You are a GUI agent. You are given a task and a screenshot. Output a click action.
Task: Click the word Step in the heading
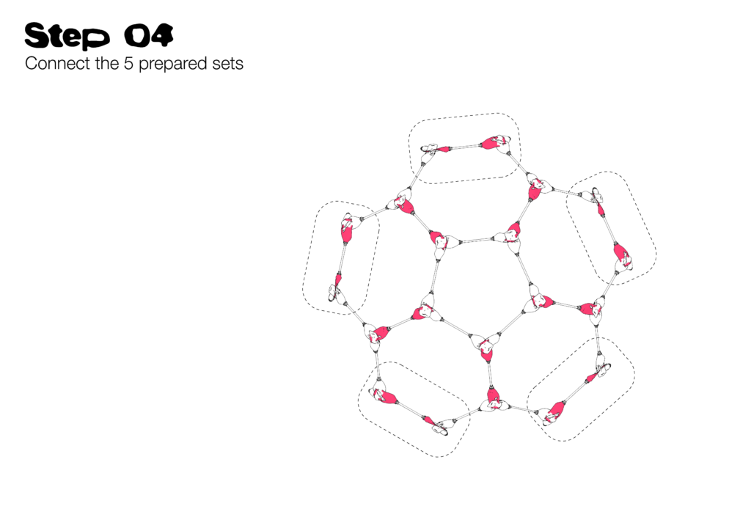67,36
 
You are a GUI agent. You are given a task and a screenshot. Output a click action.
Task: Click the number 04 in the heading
148,35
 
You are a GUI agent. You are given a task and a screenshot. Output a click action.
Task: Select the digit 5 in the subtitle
128,64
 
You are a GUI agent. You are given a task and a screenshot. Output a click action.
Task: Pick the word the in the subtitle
107,63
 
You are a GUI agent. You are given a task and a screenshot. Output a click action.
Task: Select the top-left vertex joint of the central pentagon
439,243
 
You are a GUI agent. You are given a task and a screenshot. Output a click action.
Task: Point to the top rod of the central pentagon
477,240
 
